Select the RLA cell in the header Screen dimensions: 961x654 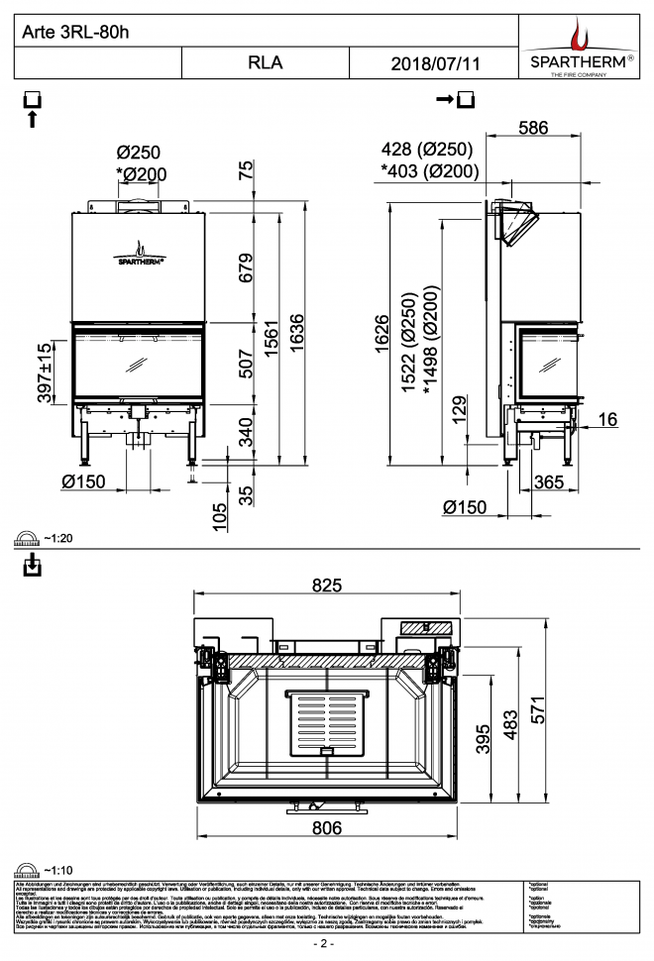point(265,62)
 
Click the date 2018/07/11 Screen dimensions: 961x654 point(435,63)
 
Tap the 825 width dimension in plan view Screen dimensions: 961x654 point(327,586)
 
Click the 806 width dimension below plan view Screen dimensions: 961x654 point(327,827)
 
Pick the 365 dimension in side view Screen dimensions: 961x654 point(547,482)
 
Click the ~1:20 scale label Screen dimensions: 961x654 point(58,539)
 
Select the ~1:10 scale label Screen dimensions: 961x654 point(58,870)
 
